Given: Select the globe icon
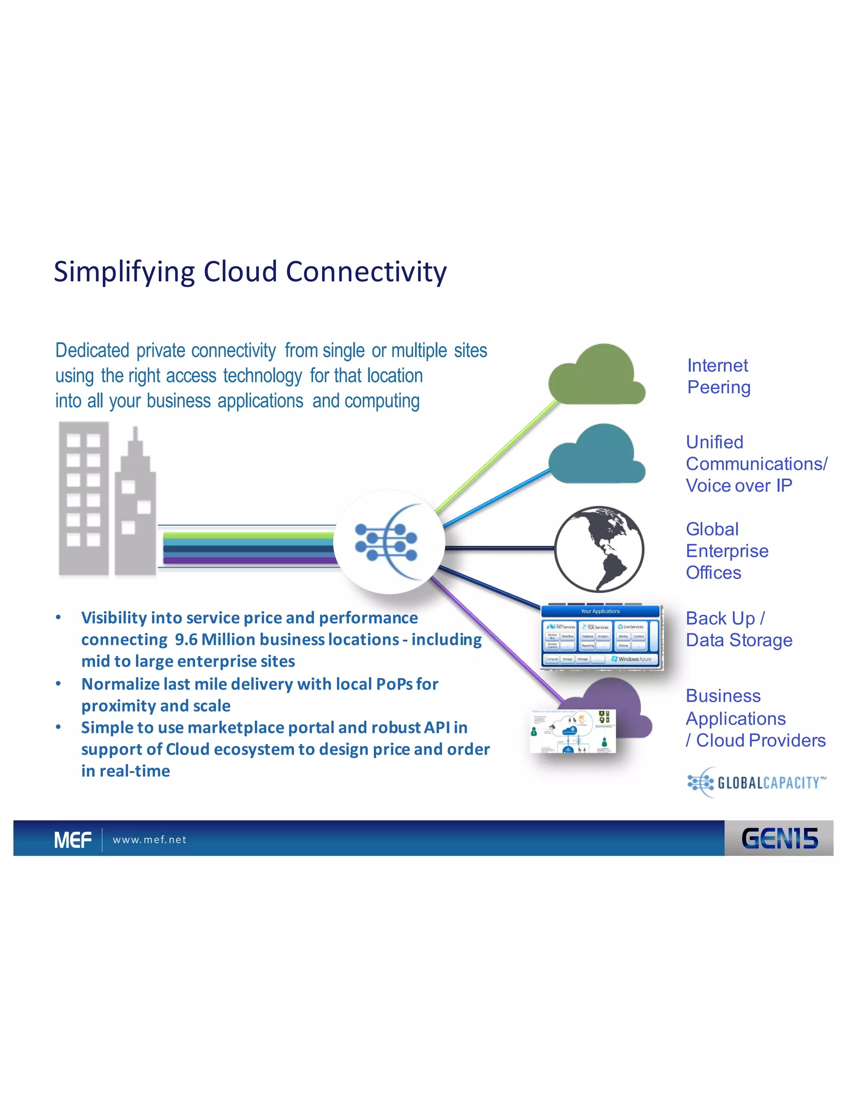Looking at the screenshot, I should coord(599,549).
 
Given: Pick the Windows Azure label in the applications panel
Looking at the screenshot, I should coord(633,659).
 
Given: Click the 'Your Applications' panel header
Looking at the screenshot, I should coord(600,611).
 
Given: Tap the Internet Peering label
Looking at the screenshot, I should coord(718,376).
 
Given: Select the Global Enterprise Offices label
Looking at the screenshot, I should coord(727,550).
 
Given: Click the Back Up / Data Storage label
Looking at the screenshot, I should coord(739,629).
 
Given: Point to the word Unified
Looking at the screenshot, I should coord(714,442).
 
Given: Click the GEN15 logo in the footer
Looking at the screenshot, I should coord(779,838).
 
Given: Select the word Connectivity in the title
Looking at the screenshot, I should coord(366,272).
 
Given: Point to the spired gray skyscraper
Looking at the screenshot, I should coord(135,507).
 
